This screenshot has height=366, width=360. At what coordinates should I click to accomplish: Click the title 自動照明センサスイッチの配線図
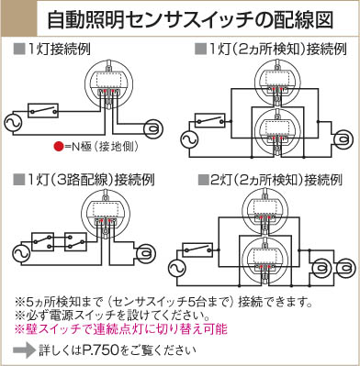point(190,20)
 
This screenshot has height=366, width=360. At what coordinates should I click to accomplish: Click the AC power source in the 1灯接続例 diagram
point(13,123)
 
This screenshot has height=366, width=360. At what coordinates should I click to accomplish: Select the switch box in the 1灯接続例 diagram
point(43,110)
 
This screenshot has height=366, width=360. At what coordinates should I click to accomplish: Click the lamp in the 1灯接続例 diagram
point(153,128)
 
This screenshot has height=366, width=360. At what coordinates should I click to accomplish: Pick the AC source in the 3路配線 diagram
point(21,253)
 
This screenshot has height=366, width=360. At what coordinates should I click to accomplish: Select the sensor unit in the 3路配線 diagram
point(107,213)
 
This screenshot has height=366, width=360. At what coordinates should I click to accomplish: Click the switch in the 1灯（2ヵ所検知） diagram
point(210,121)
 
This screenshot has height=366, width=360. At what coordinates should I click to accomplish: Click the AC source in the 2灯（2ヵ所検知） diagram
point(177,269)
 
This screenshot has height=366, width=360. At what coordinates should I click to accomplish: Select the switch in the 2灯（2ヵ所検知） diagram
point(197,250)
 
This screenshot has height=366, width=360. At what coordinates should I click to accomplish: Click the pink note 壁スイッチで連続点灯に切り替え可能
point(121,329)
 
